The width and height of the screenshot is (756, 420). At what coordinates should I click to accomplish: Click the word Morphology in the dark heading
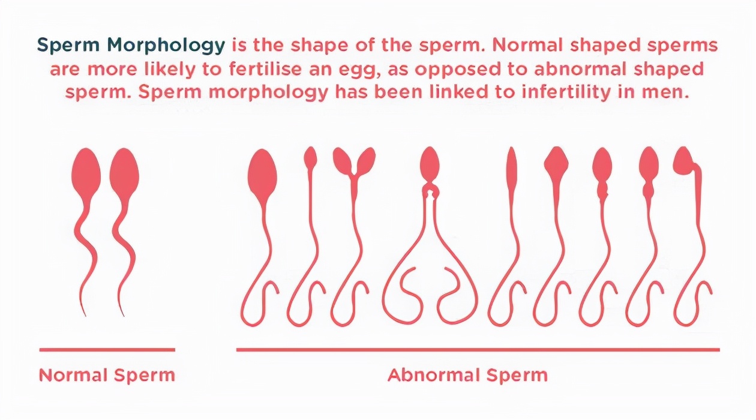166,46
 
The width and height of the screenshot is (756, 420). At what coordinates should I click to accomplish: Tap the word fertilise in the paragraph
265,69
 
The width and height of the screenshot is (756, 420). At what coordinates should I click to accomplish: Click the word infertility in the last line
566,92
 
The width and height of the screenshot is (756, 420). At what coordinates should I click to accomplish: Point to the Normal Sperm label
107,375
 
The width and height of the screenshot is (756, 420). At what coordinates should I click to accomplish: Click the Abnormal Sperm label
467,375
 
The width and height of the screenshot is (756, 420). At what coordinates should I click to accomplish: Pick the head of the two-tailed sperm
430,163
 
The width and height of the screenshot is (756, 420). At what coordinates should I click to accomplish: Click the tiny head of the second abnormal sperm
311,158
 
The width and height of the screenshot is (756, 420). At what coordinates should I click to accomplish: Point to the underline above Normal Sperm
107,350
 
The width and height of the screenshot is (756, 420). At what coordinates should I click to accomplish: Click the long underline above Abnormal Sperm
478,350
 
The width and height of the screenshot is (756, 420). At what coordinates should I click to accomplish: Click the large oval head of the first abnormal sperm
262,176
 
